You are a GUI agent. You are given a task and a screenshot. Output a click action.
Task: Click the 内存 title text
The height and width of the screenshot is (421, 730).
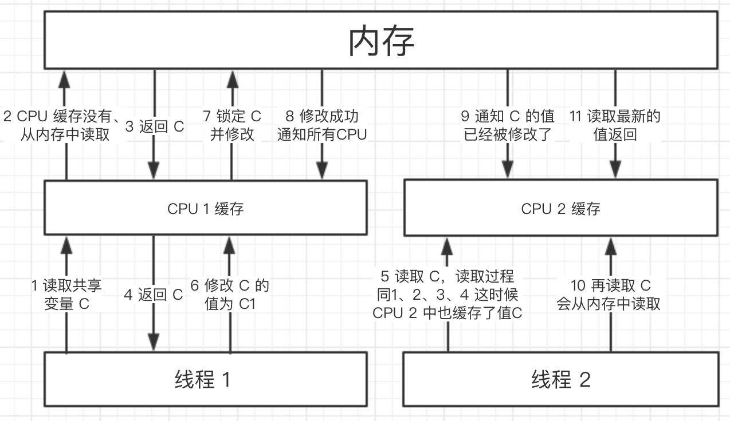click(381, 41)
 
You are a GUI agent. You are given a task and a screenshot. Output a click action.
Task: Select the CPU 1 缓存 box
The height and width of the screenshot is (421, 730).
click(206, 208)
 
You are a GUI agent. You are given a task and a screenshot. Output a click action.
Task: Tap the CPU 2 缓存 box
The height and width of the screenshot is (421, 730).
click(560, 208)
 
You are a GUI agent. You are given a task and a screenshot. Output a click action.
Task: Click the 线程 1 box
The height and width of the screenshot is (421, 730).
click(206, 379)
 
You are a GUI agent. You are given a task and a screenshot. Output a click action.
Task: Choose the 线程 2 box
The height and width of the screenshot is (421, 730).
click(560, 379)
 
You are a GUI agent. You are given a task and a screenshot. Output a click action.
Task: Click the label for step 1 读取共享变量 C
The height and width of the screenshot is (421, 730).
click(66, 294)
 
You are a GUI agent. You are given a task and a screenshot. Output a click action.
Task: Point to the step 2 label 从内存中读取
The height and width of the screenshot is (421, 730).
click(64, 126)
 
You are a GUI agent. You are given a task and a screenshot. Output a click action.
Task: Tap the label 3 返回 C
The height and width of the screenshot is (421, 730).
click(154, 126)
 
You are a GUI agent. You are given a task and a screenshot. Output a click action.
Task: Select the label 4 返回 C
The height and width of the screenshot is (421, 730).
click(153, 295)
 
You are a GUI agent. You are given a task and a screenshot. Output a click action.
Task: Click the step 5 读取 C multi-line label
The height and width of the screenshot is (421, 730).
click(447, 295)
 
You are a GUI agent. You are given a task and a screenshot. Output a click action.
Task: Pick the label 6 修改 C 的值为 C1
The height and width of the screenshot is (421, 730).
click(230, 294)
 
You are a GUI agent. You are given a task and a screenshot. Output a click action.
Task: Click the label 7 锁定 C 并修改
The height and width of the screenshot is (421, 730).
click(232, 126)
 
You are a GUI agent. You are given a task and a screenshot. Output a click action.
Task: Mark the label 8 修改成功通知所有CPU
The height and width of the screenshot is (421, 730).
click(321, 126)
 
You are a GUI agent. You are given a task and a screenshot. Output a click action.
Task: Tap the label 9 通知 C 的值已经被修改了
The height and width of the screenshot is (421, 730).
click(508, 126)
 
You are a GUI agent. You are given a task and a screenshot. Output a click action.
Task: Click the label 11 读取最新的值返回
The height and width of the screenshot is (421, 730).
click(615, 126)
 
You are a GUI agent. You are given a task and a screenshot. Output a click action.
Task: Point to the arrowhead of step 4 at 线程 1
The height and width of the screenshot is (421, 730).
click(154, 342)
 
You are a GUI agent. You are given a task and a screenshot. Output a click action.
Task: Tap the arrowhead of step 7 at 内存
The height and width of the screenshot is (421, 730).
click(232, 78)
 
